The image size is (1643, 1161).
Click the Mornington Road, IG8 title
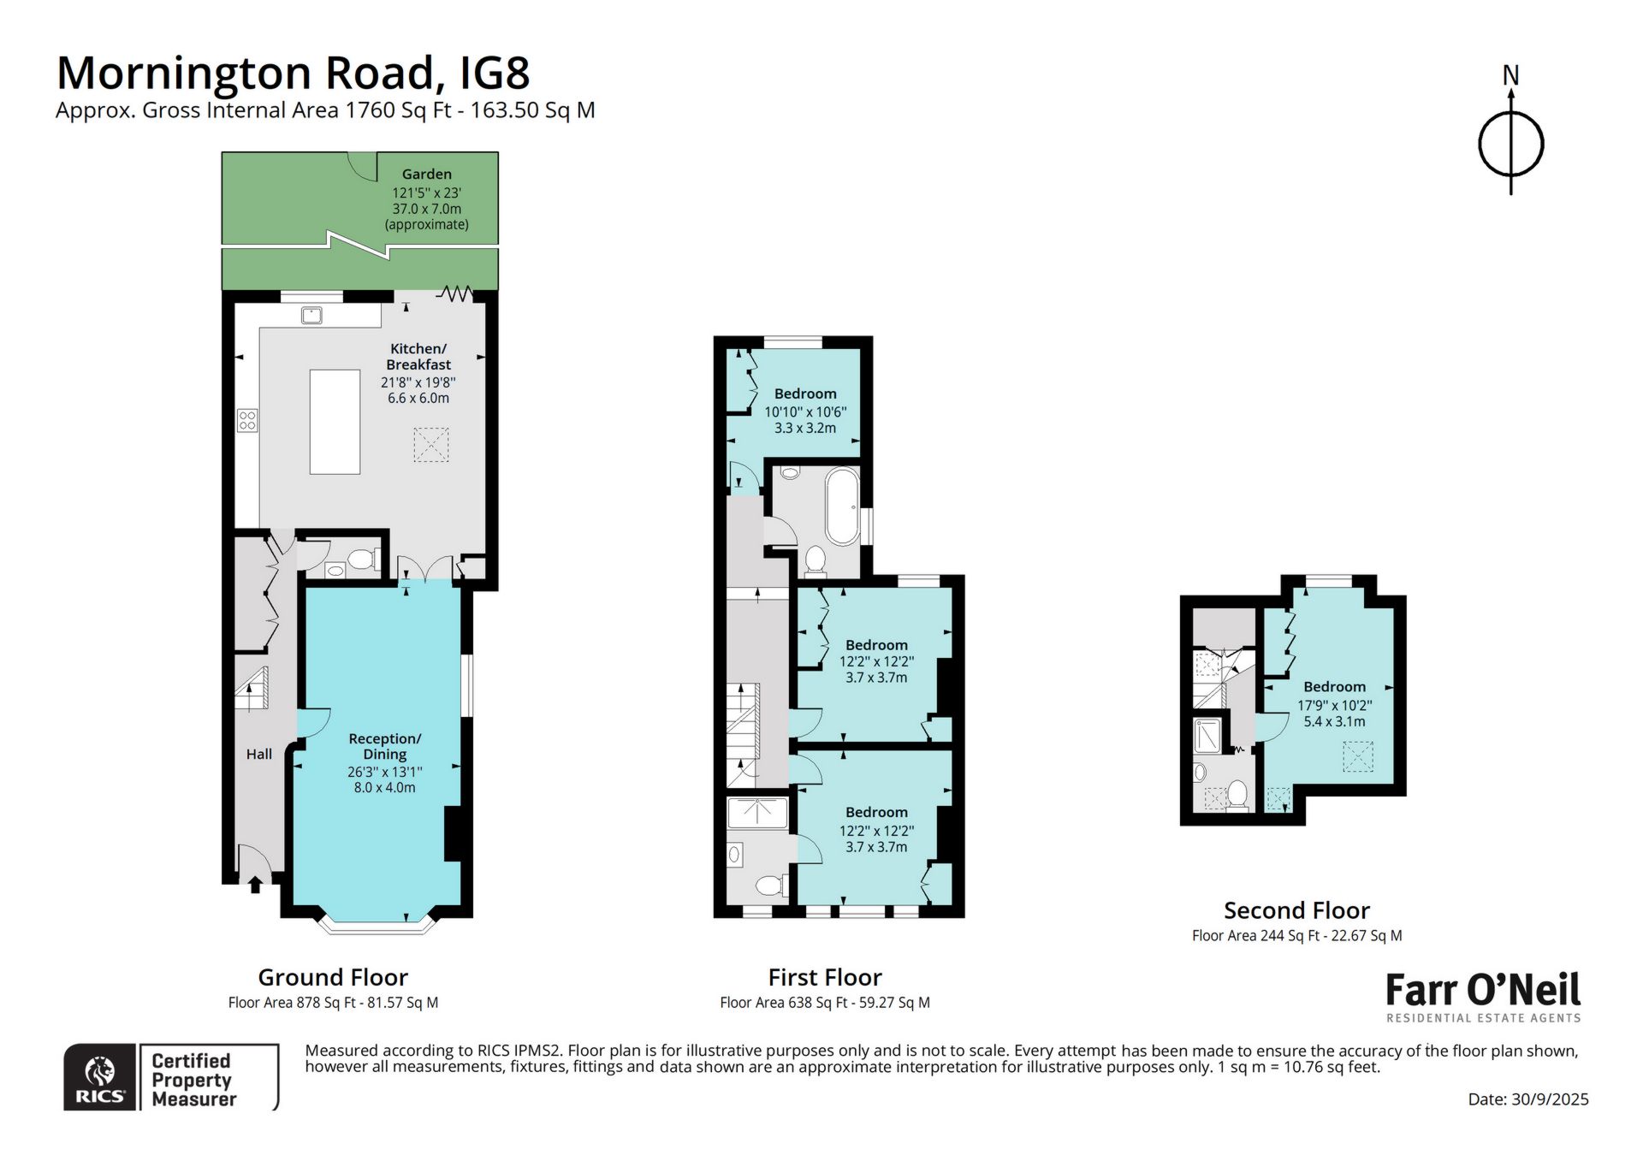[x=293, y=74]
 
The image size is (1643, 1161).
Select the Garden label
[x=426, y=174]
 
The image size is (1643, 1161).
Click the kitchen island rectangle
[x=335, y=422]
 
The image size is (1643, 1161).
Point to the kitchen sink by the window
[x=311, y=316]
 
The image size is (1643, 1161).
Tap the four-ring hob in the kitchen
[x=247, y=420]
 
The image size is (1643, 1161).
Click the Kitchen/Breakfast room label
[x=418, y=357]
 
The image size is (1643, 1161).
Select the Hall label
[x=259, y=754]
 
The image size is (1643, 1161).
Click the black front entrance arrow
[x=255, y=884]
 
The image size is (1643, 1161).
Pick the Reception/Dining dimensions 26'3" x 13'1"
[x=385, y=772]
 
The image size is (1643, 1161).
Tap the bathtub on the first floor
[x=843, y=506]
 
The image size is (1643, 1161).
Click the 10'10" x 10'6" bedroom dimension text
[x=805, y=412]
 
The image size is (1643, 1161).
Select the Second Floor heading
[x=1296, y=910]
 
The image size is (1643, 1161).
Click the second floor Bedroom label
[x=1335, y=687]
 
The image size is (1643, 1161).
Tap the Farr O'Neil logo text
[x=1483, y=990]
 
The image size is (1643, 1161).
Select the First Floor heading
[x=825, y=977]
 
